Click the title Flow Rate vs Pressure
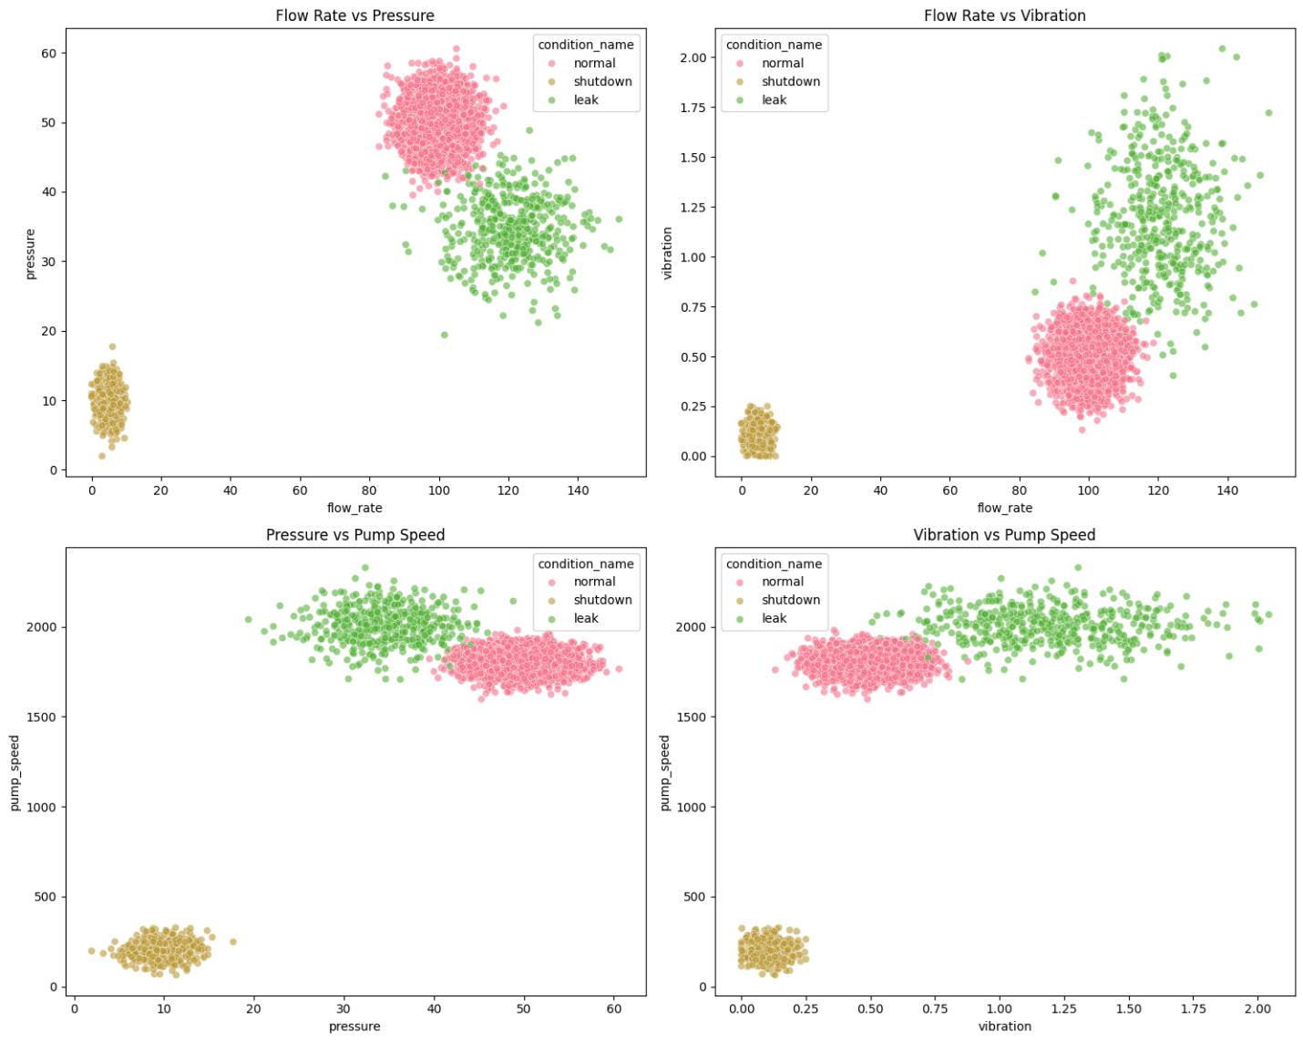[354, 15]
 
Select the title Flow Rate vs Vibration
[1004, 15]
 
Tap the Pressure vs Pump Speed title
[354, 535]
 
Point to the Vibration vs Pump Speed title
[1004, 535]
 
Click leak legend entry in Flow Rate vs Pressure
[586, 100]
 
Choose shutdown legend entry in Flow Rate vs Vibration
[790, 82]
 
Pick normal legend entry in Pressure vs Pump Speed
[594, 582]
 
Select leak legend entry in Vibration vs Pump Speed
[774, 618]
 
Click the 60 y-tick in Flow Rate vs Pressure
[47, 53]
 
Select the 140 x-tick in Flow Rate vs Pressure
[578, 490]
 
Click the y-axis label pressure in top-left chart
[31, 253]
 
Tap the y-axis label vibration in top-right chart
[668, 253]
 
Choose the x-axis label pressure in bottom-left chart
[354, 1027]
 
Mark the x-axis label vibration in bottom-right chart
[1004, 1027]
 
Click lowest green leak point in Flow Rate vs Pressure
[445, 335]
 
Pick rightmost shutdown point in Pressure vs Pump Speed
[232, 942]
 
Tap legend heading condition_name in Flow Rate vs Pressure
[586, 45]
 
